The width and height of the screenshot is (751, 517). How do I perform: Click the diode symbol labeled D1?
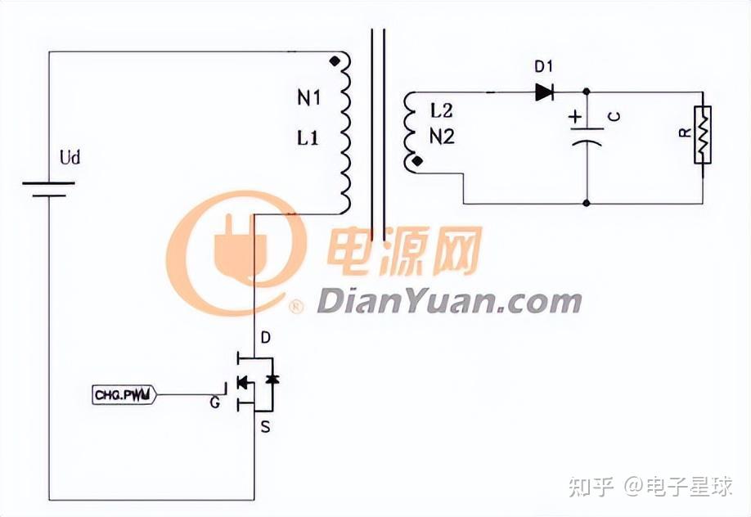(x=544, y=92)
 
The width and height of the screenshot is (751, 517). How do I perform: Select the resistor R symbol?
(x=702, y=135)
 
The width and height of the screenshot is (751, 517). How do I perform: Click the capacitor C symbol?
(x=587, y=135)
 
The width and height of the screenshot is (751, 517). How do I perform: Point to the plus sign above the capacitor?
(x=576, y=117)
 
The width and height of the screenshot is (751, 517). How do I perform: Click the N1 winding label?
(x=309, y=99)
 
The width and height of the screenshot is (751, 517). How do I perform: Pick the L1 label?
(x=308, y=138)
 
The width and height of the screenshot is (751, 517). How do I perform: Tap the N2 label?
(x=442, y=137)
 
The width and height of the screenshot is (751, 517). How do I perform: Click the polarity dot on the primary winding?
(x=334, y=61)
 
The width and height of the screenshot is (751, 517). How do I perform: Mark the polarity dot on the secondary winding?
(x=418, y=162)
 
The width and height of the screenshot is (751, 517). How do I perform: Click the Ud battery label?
(x=71, y=157)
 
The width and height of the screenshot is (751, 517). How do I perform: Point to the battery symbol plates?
(x=48, y=190)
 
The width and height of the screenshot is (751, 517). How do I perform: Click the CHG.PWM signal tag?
(x=124, y=396)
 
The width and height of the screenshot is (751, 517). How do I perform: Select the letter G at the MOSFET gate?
(x=214, y=403)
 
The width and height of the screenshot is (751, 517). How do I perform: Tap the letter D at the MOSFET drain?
(x=264, y=337)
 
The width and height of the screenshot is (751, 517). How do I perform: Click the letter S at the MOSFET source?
(x=264, y=426)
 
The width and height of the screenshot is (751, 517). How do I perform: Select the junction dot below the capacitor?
(x=587, y=203)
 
